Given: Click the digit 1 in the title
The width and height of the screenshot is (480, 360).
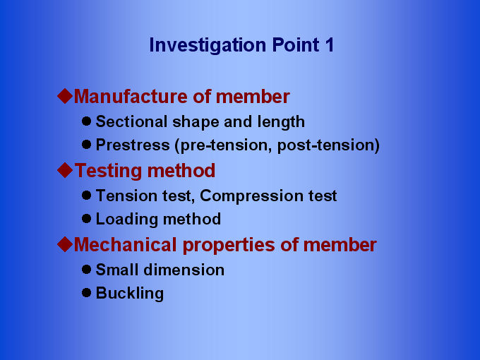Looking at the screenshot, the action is click(x=329, y=44).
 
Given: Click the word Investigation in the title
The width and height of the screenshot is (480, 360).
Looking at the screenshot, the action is click(x=208, y=46).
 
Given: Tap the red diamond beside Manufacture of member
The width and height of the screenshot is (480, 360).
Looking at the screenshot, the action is click(x=65, y=96).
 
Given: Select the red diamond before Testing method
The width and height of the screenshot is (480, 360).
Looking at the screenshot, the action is click(x=65, y=170).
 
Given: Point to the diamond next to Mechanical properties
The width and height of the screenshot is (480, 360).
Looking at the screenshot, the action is click(x=65, y=244).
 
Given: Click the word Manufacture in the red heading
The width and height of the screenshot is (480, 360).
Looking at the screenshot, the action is click(x=131, y=97).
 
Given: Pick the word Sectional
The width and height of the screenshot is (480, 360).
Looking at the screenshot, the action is click(x=131, y=121).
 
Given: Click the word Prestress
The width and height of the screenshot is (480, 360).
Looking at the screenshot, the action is click(x=133, y=145).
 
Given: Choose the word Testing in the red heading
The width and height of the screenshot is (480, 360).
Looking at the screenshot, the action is click(x=109, y=172).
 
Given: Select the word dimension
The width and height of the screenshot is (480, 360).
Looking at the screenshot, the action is click(x=184, y=270).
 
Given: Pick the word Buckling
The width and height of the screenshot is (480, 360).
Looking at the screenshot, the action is click(x=130, y=294).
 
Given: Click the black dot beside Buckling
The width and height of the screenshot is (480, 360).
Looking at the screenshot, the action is click(x=87, y=293).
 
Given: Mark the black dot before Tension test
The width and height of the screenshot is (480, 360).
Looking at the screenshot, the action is click(x=87, y=195).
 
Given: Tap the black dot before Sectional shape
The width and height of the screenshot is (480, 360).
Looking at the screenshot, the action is click(x=87, y=121).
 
